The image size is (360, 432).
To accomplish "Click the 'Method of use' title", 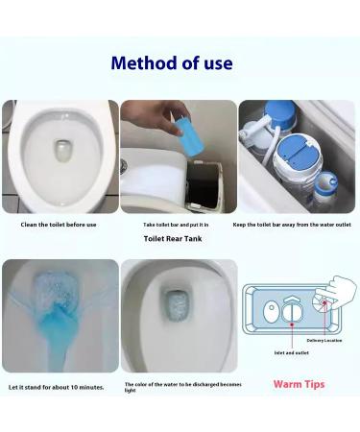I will pos(172,64).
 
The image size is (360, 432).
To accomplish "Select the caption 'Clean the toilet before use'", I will pos(59,225).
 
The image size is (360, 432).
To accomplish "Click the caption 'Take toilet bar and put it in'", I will pos(179,225).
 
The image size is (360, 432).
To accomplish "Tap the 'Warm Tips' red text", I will pos(299,384).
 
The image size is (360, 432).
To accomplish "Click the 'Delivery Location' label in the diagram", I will pos(324,340).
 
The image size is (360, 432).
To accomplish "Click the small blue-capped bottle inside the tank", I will pos(326,186).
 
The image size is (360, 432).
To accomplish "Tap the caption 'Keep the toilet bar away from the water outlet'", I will pos(299,225).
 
